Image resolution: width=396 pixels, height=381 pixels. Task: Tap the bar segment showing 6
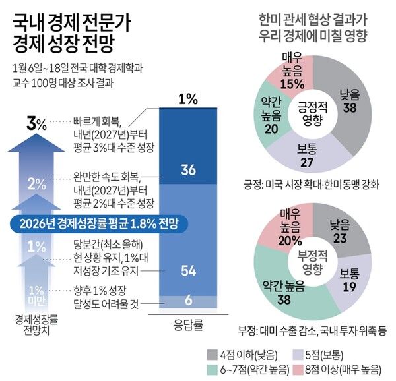[x=187, y=301]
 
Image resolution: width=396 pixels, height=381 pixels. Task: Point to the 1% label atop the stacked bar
[x=188, y=100]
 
